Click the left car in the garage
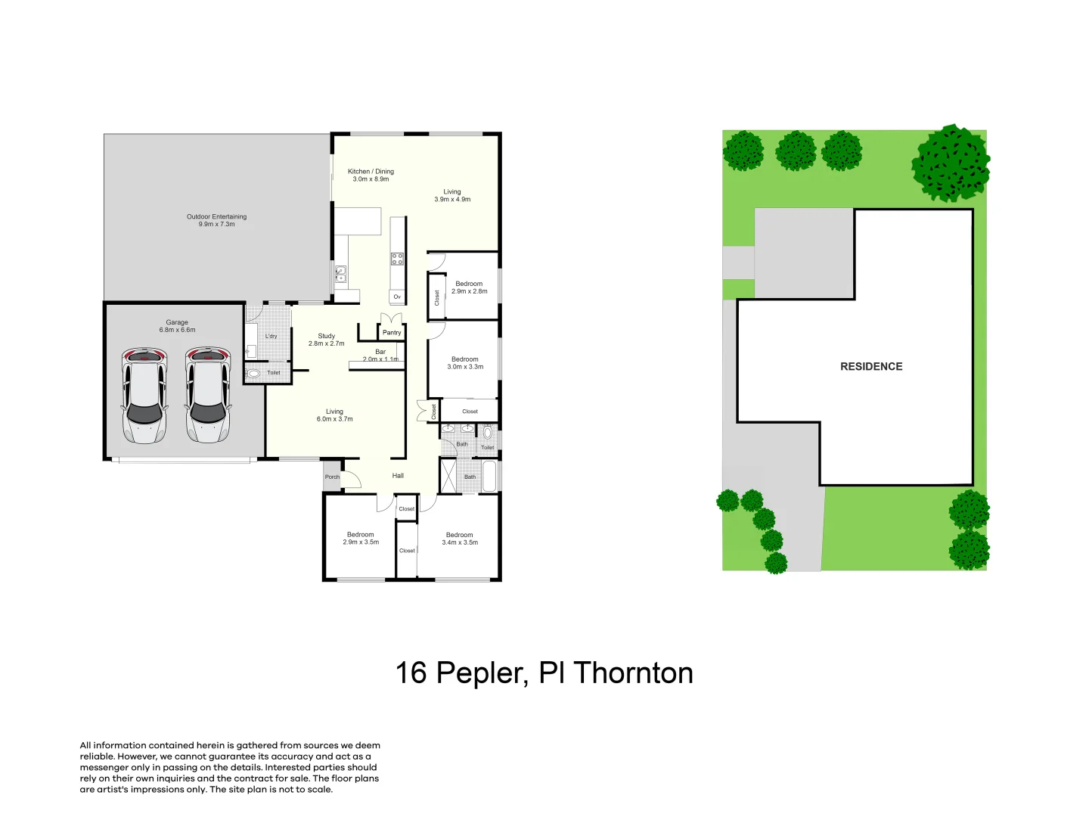144,395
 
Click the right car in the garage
207,395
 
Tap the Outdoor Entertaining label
216,220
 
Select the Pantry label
392,333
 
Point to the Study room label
326,340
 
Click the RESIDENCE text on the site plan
871,366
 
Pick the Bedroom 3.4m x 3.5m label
460,539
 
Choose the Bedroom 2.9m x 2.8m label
469,287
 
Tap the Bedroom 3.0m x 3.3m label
465,363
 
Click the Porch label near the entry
332,477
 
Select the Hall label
398,476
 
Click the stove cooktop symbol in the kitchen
397,259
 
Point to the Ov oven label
397,297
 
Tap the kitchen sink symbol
340,273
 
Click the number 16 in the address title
411,673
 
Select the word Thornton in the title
633,673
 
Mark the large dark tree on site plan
951,163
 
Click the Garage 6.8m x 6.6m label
177,326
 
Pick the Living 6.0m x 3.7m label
334,415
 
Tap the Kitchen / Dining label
371,175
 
